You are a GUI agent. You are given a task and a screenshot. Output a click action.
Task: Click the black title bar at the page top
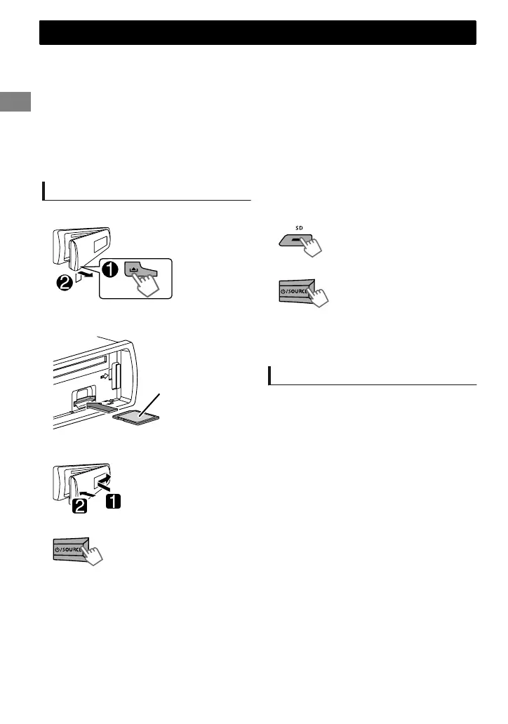[258, 33]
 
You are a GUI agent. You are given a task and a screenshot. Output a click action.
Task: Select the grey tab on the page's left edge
[15, 100]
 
